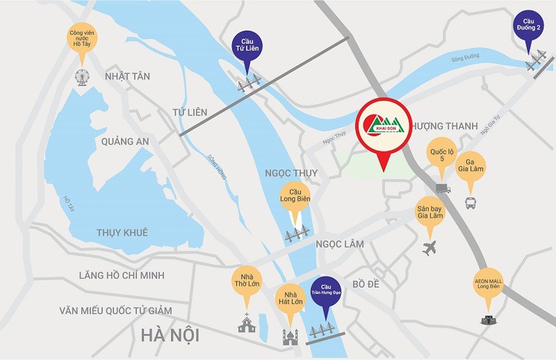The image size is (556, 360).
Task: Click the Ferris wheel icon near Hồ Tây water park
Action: [82, 77]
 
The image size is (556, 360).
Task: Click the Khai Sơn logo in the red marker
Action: [383, 126]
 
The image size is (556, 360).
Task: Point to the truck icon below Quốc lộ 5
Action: [443, 188]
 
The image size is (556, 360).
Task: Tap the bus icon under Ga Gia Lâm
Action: [470, 203]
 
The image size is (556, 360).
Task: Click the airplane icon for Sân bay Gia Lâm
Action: [429, 249]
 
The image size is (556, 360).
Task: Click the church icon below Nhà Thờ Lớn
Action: [247, 324]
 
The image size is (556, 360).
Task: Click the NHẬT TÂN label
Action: [127, 76]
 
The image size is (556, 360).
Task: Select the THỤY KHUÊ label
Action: [122, 233]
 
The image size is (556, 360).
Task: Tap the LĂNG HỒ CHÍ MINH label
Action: [122, 275]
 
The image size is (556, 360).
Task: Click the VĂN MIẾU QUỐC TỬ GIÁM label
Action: [115, 311]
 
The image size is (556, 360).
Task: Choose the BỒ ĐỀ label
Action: [365, 284]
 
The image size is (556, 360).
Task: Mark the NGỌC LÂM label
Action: [340, 244]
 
